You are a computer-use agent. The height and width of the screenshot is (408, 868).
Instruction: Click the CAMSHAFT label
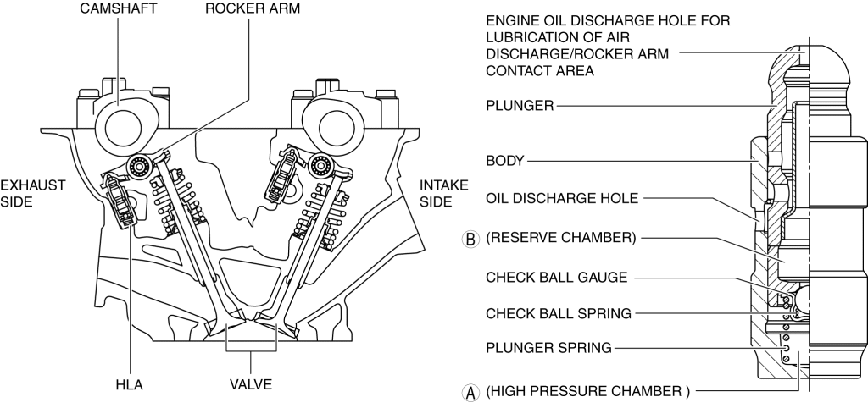(117, 9)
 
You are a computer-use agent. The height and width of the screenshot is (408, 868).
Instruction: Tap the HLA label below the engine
(130, 384)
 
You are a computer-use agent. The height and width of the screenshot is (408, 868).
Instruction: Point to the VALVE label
(251, 384)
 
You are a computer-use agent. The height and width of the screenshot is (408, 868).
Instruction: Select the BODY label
(505, 159)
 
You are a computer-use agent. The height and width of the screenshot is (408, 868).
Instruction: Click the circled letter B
(471, 238)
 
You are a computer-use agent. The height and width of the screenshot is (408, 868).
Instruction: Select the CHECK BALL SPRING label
(559, 313)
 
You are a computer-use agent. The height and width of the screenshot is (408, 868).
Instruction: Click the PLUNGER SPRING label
(548, 347)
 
